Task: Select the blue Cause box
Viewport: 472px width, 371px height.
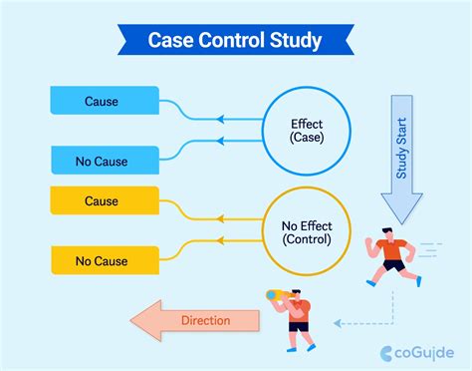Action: coord(105,100)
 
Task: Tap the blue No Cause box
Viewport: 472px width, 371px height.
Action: coord(105,159)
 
